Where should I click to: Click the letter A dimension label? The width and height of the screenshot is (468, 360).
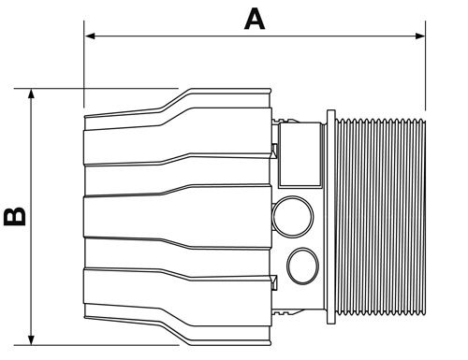click(253, 18)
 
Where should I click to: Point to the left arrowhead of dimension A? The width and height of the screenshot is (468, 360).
click(90, 37)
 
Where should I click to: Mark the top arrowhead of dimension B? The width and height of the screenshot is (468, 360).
click(33, 96)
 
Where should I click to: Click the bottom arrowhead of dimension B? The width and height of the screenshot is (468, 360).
click(33, 338)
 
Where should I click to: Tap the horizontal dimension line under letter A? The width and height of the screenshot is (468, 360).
click(253, 37)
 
